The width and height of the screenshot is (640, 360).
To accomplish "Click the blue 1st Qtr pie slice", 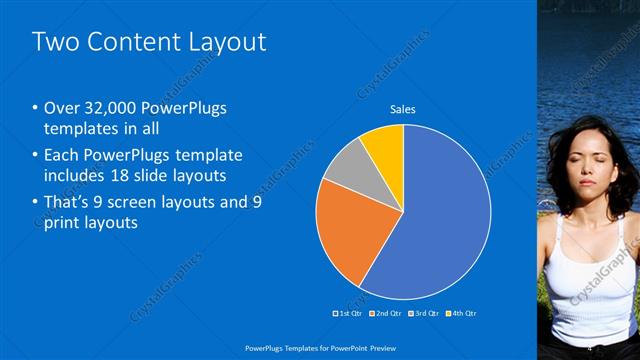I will pyautogui.click(x=440, y=220).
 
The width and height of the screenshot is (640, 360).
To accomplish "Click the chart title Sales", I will pyautogui.click(x=402, y=109).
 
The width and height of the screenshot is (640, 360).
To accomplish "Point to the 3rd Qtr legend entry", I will pyautogui.click(x=425, y=313).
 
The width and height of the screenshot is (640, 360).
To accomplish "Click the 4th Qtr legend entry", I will pyautogui.click(x=462, y=313).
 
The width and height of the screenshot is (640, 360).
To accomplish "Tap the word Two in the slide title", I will pyautogui.click(x=55, y=41).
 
